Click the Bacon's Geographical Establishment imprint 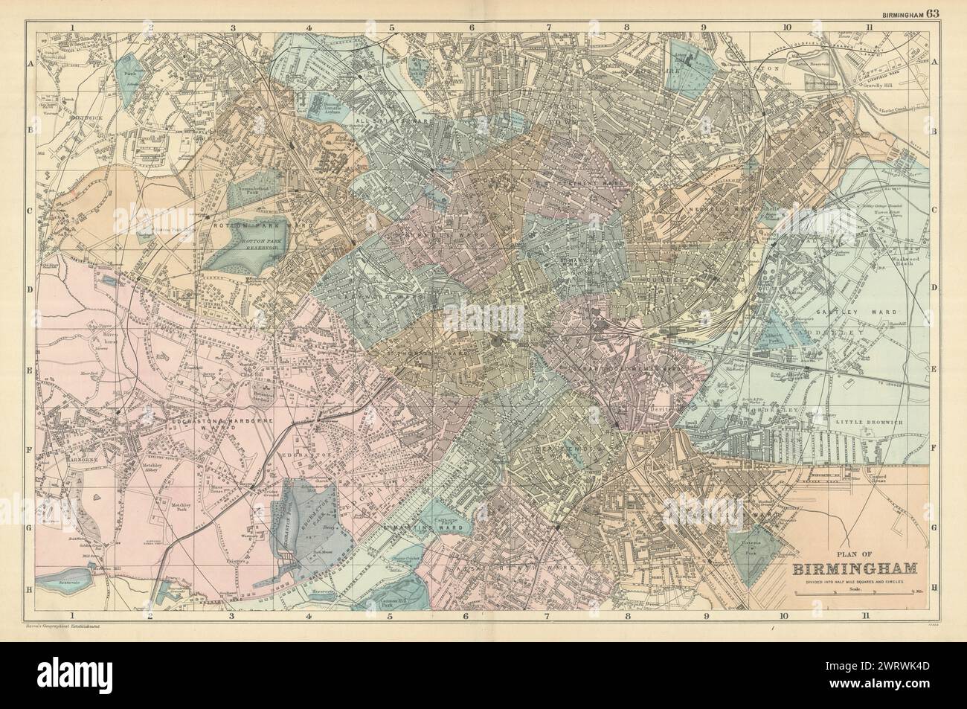pos(57,627)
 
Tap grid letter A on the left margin pos(31,64)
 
